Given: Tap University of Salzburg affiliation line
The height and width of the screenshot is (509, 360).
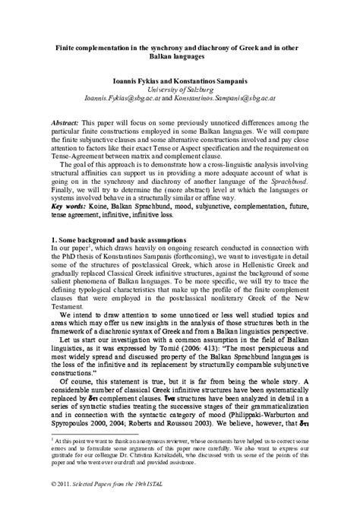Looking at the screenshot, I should (180, 88).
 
